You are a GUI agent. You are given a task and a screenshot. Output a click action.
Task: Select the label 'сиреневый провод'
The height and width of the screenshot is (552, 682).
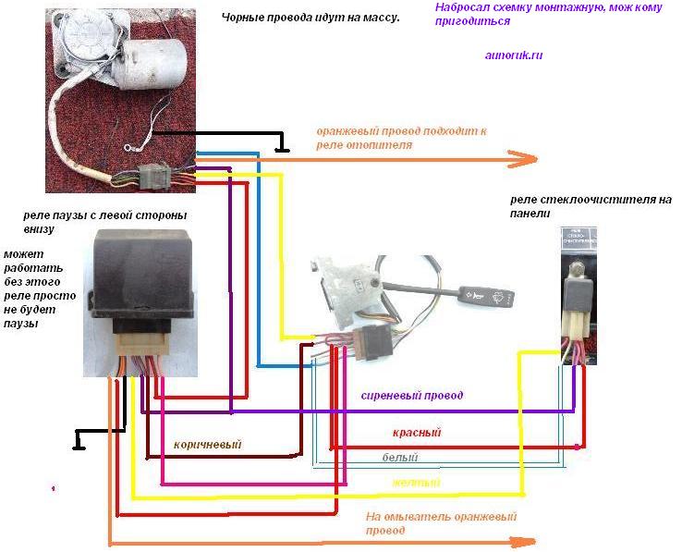[411, 396]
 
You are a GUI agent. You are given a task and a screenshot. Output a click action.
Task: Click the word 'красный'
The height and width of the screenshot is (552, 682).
[416, 433]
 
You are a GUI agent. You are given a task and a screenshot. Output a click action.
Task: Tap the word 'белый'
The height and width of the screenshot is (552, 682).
[400, 458]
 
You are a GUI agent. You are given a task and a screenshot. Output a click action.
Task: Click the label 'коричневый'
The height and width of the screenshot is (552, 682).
[207, 443]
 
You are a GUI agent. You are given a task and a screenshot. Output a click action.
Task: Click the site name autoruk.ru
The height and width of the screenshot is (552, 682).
[514, 55]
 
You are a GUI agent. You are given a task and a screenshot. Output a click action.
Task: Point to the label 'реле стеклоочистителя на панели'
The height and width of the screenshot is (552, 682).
[591, 206]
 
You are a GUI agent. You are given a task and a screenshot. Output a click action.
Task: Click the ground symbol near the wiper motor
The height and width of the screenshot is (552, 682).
[283, 147]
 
